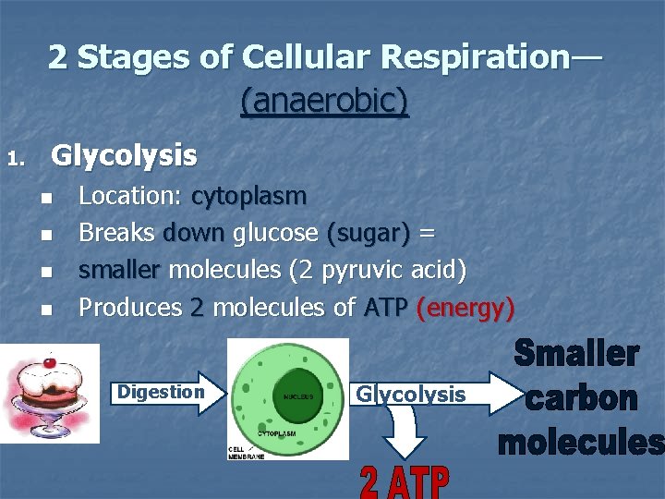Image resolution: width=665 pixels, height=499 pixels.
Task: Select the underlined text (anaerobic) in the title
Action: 324,101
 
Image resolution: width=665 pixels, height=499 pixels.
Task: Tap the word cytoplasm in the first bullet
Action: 248,197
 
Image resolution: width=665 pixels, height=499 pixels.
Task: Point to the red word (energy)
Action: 465,308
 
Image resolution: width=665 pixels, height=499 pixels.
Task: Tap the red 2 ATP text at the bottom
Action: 404,481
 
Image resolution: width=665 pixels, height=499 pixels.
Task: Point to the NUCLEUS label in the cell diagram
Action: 298,396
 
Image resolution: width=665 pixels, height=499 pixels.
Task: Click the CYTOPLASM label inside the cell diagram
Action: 276,432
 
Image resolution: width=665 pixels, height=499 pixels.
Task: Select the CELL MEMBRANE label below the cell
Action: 246,450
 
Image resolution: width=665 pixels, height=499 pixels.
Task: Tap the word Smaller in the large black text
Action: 576,354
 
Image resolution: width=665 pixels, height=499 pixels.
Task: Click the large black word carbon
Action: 581,398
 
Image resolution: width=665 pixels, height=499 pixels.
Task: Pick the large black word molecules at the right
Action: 581,443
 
